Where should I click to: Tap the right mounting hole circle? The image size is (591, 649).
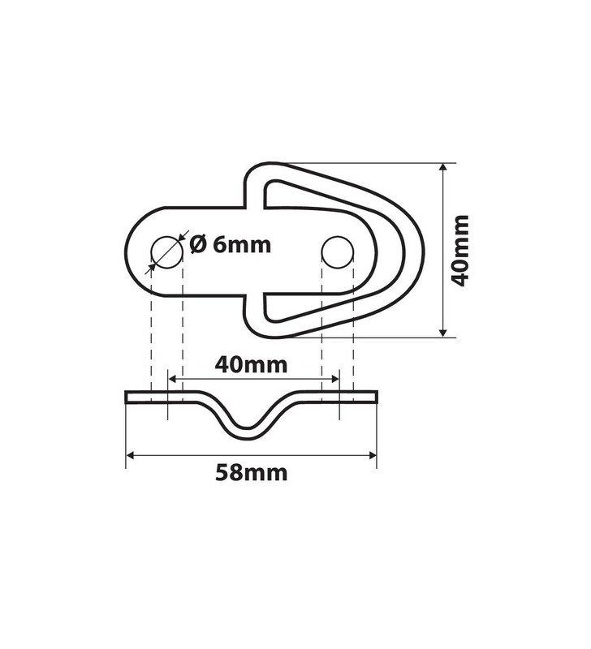coord(338,251)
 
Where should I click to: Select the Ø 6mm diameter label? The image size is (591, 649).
coord(230,244)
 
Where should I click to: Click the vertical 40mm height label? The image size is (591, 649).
coord(459,250)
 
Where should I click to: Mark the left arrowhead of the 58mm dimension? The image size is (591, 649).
coord(131,455)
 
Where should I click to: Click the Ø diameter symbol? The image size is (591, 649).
coord(197,244)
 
